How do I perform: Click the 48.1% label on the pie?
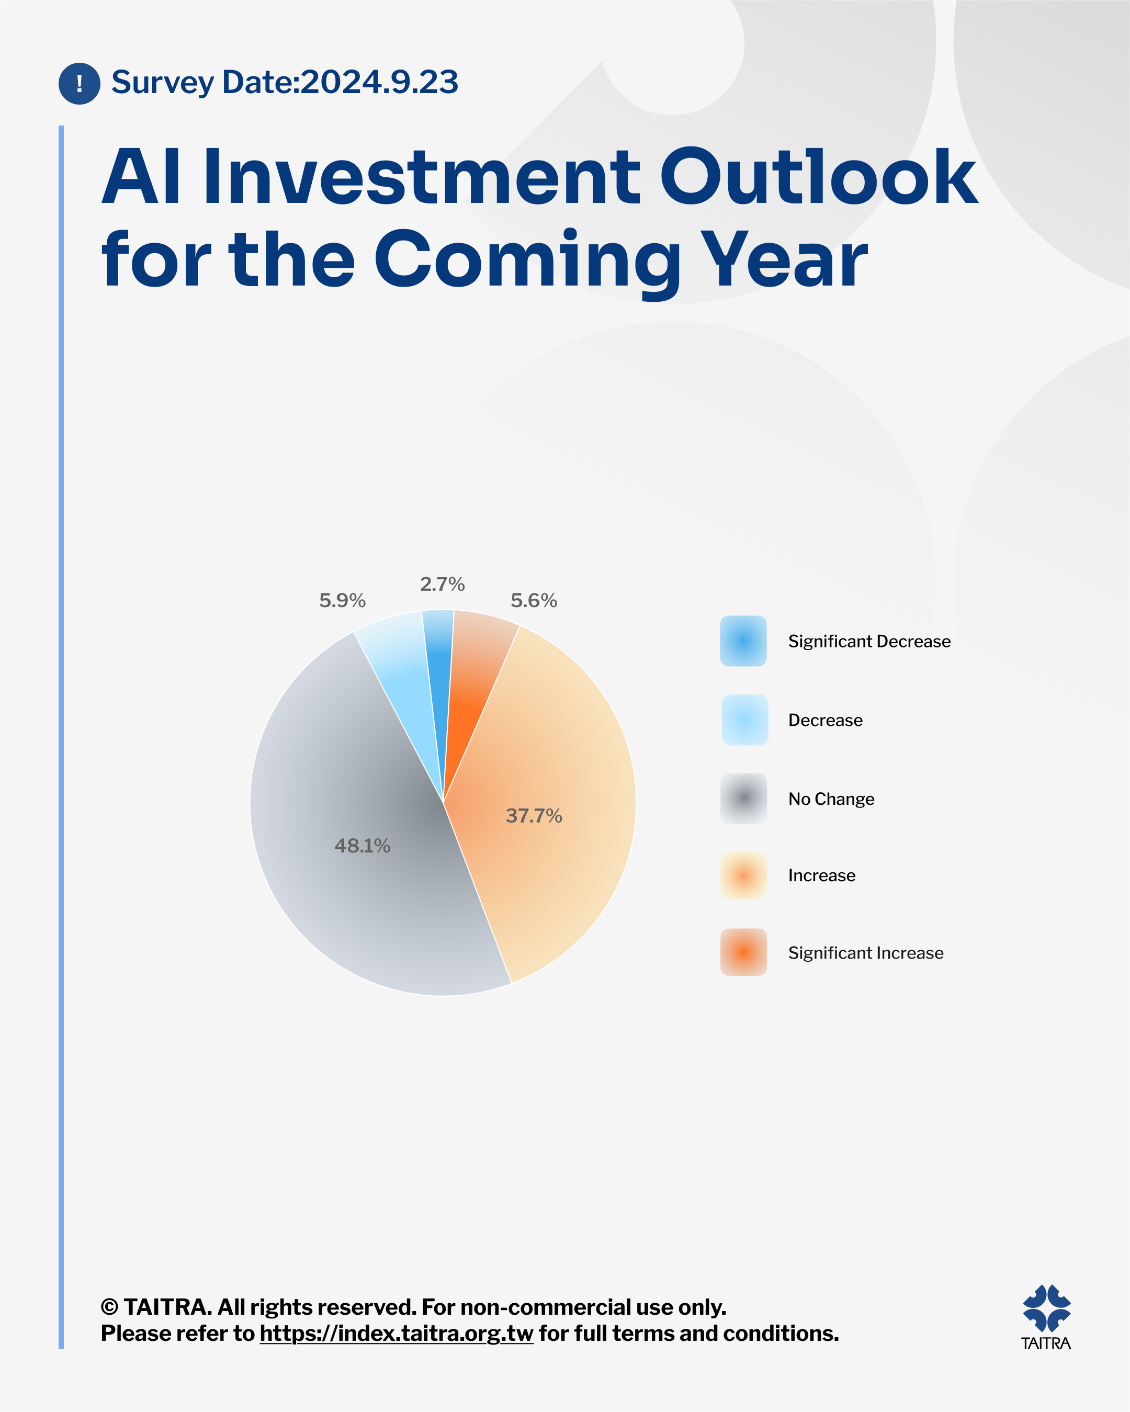(x=362, y=846)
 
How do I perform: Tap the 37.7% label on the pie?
(x=534, y=815)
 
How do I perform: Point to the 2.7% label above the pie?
(x=442, y=584)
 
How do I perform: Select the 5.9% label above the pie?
(x=342, y=600)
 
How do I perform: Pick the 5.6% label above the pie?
(x=534, y=600)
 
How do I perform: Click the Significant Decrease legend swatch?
(x=743, y=641)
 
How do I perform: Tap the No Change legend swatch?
(x=743, y=799)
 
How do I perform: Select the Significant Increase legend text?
(x=865, y=953)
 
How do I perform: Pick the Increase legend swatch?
(x=743, y=875)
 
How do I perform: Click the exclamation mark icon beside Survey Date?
(x=80, y=83)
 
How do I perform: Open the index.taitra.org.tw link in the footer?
(x=397, y=1334)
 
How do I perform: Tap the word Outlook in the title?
(x=818, y=176)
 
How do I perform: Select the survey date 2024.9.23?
(x=379, y=82)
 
